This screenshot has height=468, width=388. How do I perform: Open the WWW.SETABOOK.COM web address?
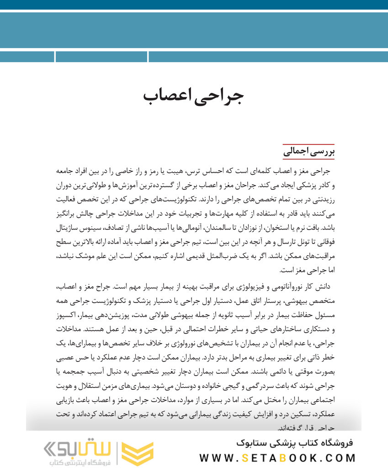click(x=277, y=458)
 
